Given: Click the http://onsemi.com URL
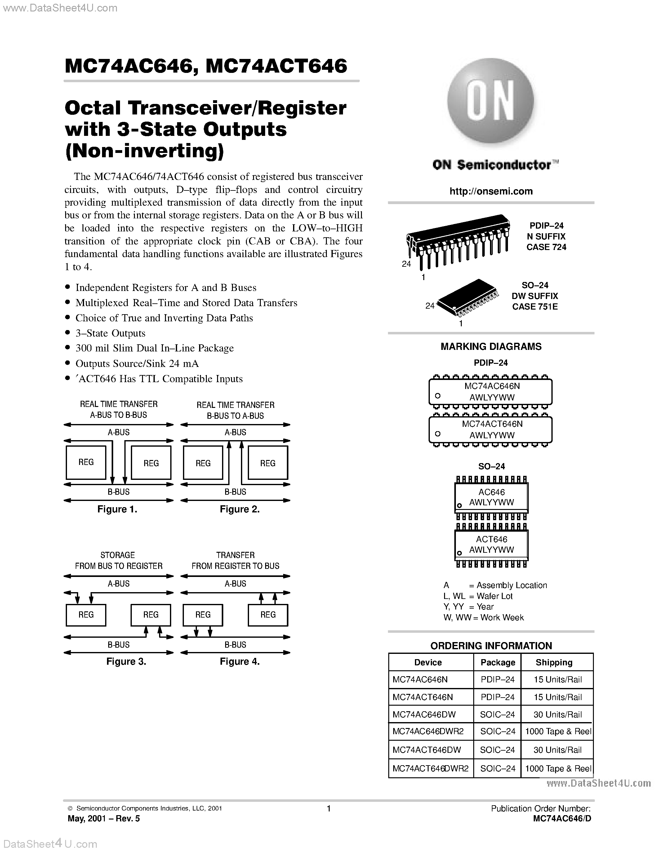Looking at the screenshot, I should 491,191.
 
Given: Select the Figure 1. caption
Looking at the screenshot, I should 117,509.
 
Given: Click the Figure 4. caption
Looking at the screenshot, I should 239,661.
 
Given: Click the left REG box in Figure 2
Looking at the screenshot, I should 203,463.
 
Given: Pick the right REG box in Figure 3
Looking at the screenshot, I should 151,615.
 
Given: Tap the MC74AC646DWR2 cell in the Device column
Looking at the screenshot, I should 428,731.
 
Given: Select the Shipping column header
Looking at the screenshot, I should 554,663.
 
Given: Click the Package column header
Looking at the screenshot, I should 497,663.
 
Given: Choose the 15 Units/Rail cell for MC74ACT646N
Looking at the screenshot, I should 558,697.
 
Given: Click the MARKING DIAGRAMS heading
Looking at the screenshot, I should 491,346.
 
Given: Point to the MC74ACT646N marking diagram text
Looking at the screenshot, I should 492,424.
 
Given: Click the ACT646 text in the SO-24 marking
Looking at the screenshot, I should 492,539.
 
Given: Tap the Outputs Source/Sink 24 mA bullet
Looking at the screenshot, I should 137,364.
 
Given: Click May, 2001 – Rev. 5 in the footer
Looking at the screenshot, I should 104,819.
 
